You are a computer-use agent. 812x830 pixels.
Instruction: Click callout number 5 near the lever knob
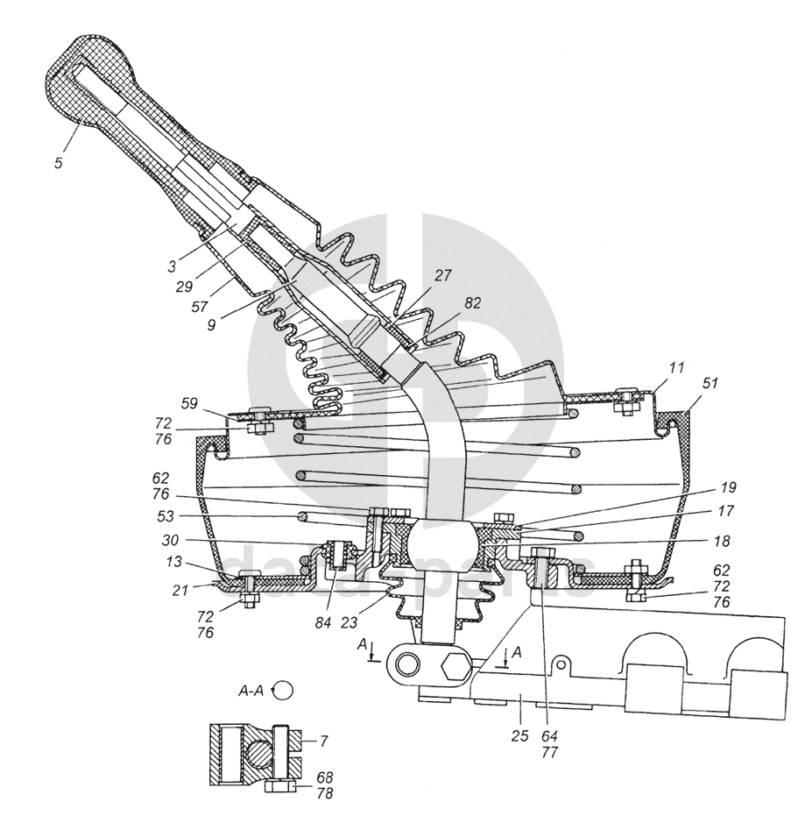click(x=58, y=163)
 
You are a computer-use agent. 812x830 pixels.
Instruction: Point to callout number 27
click(x=443, y=275)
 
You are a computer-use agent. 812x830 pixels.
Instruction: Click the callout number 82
click(x=473, y=303)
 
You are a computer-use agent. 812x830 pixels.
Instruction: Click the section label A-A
click(x=251, y=690)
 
